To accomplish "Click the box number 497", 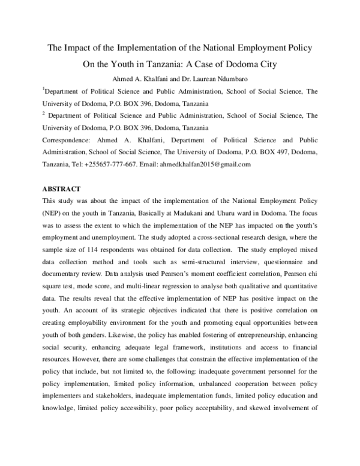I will [x=278, y=153].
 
